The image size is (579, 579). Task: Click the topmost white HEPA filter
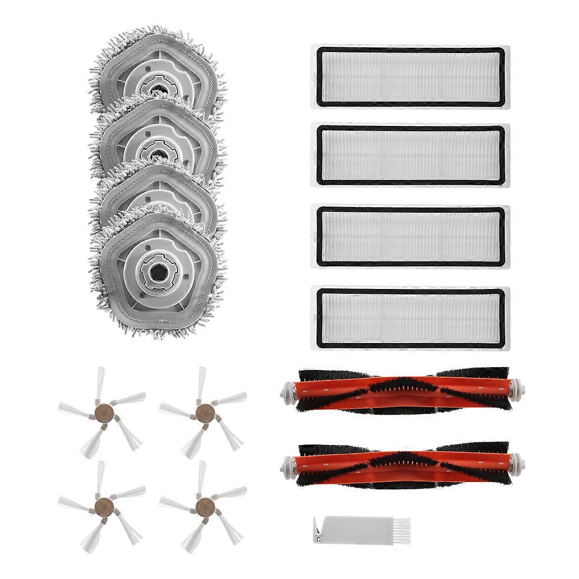411,74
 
